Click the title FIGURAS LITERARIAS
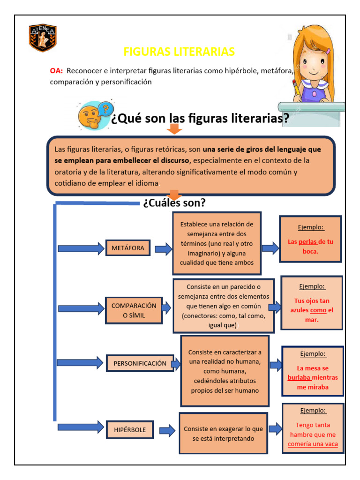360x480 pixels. tap(179, 52)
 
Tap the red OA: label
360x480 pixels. tap(56, 71)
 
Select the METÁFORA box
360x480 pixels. tap(128, 247)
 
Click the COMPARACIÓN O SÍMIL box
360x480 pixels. tap(134, 310)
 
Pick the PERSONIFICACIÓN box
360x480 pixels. tap(140, 363)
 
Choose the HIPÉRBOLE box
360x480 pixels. tap(130, 429)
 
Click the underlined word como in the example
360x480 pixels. tap(318, 310)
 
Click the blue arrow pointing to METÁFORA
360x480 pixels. tap(80, 248)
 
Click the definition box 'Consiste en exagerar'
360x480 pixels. tap(223, 434)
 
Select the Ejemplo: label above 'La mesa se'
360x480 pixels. tap(312, 354)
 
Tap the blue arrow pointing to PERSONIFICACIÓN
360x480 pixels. tap(80, 362)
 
